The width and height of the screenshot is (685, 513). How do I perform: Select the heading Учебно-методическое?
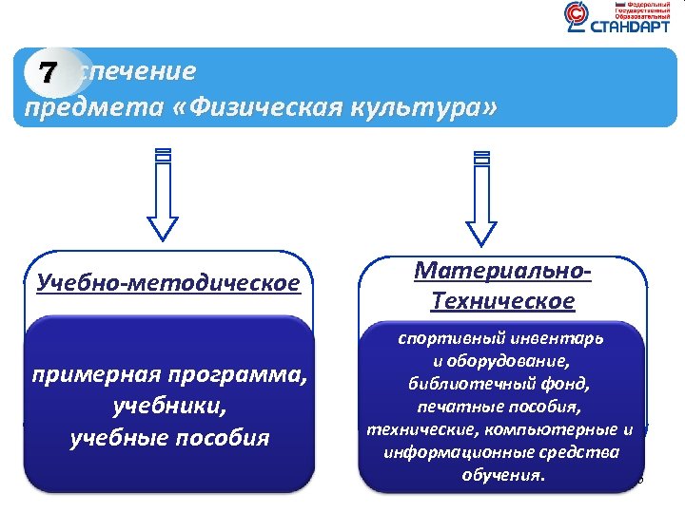[166, 282]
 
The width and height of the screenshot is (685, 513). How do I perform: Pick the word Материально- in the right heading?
[504, 271]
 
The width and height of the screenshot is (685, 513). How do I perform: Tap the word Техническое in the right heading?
[502, 301]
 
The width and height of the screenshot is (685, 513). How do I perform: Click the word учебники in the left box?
[167, 407]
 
